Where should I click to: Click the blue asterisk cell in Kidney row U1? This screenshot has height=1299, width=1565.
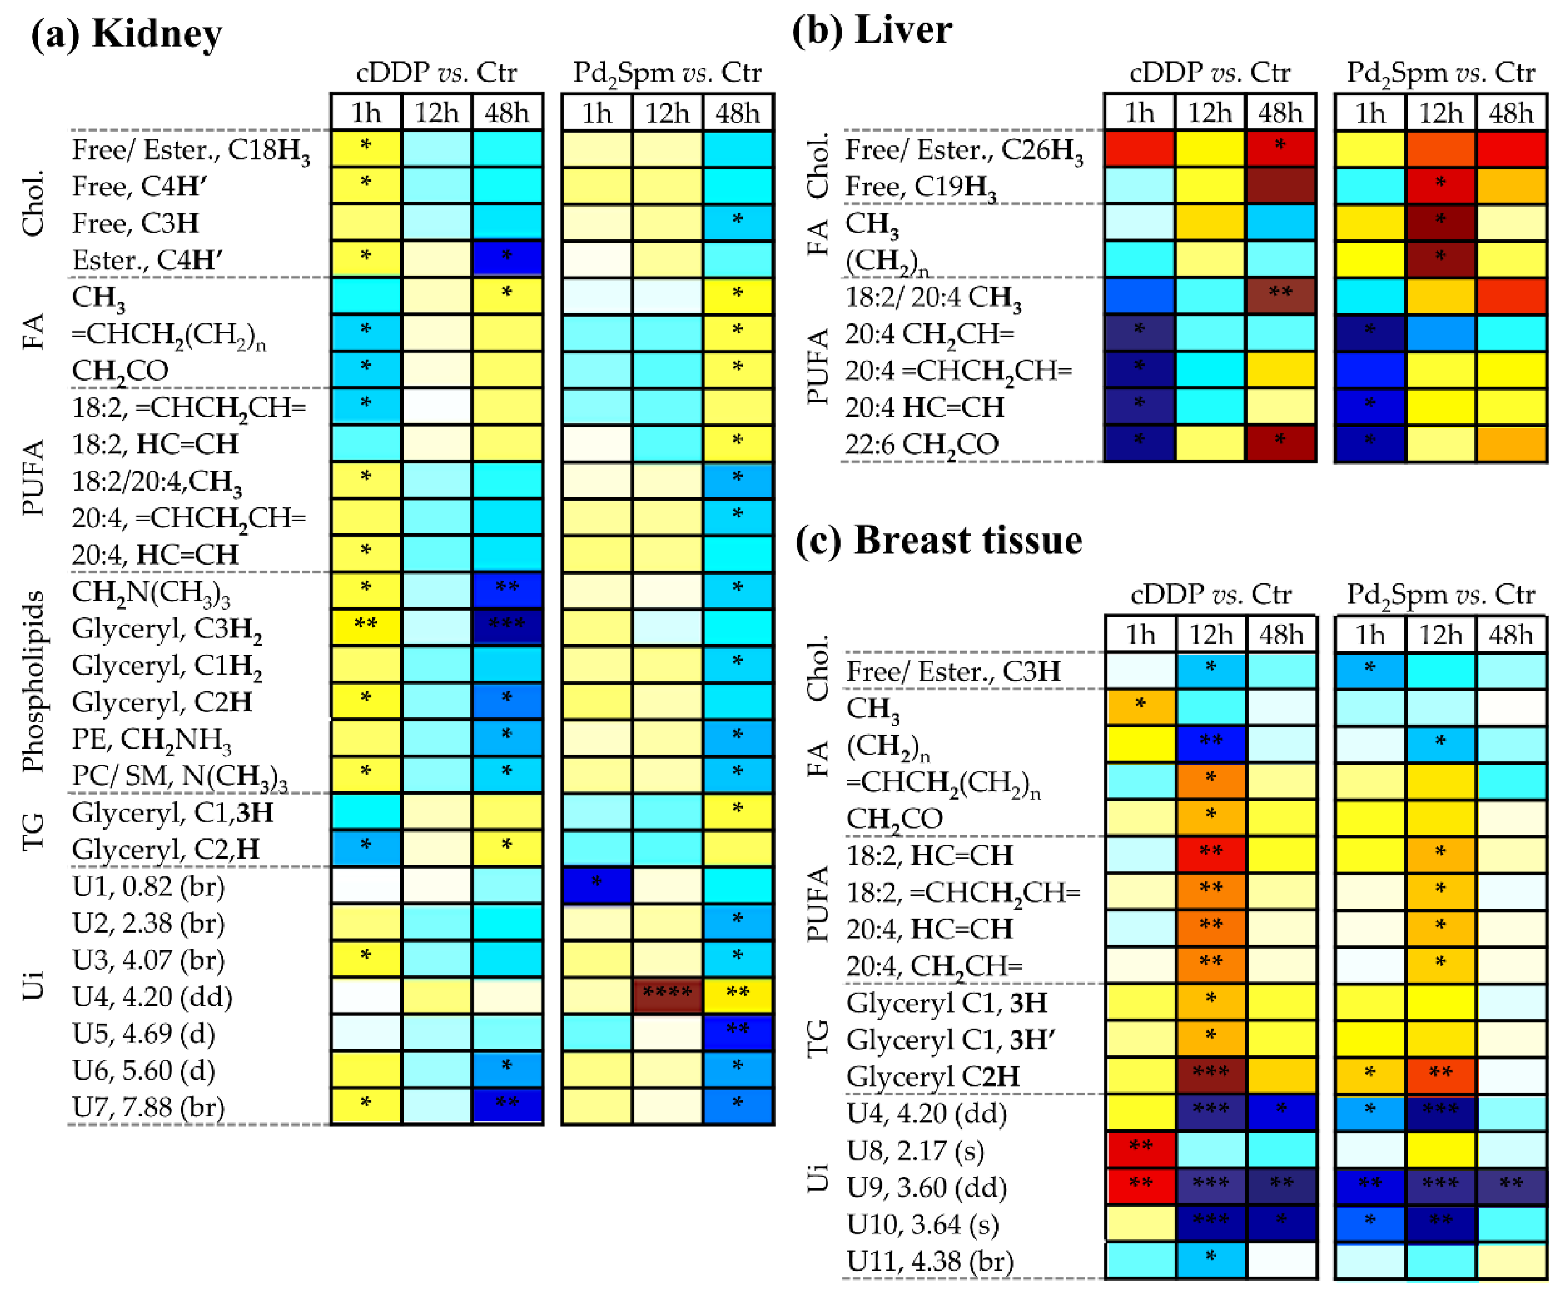point(596,885)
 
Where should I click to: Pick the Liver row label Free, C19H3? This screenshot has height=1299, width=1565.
point(921,186)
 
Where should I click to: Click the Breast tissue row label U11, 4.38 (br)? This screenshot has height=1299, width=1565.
point(930,1261)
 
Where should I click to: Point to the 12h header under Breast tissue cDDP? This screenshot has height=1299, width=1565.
point(1210,635)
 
